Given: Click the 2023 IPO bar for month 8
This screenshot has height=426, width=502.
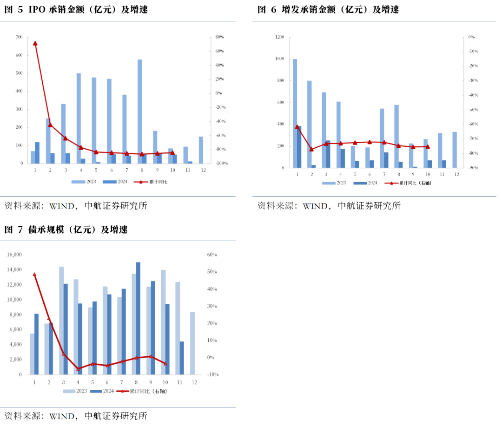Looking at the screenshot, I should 140,111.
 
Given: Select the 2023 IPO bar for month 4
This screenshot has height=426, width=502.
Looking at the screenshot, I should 79,118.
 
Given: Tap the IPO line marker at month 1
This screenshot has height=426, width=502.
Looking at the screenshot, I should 35,43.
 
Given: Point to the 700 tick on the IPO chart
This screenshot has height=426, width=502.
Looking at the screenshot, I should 19,37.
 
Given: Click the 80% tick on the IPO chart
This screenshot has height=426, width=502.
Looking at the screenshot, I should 219,37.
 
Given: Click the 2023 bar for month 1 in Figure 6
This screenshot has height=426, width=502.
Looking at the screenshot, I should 295,113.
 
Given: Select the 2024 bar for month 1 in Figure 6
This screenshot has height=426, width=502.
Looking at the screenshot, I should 299,147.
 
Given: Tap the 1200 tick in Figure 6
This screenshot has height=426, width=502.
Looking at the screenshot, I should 279,37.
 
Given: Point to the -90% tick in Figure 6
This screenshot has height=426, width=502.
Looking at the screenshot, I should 474,168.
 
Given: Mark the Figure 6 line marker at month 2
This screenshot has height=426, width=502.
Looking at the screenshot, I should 311,149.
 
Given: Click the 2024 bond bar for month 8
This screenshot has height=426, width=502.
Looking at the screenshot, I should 138,318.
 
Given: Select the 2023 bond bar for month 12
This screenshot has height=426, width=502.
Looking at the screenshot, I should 192,343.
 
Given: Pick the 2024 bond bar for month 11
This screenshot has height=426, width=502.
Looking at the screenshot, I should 182,358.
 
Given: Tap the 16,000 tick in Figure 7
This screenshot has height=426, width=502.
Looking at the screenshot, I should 14,255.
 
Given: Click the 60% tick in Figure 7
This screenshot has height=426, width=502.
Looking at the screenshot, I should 212,255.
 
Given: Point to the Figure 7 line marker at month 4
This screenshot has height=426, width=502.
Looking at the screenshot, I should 78,369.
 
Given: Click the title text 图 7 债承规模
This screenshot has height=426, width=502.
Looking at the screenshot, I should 66,230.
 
